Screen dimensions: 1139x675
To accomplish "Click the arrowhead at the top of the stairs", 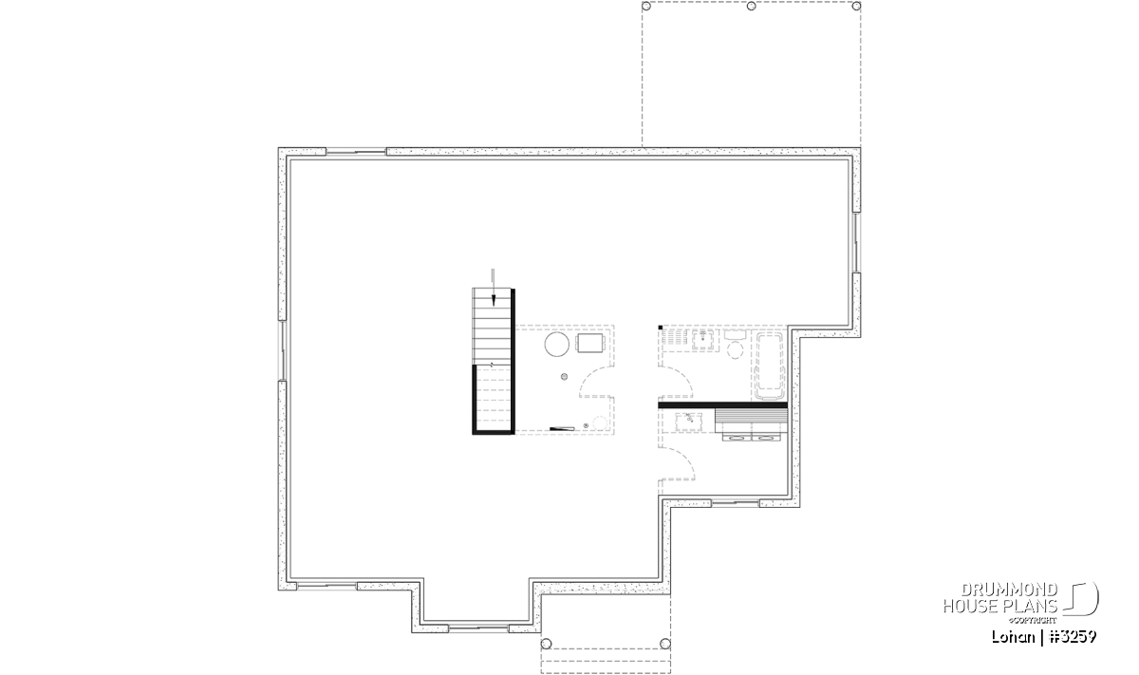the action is click(x=494, y=300).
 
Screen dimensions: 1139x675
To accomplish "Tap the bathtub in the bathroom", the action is click(x=769, y=366).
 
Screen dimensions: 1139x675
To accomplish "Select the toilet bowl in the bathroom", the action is click(x=735, y=349).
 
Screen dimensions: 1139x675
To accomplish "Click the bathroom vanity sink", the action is click(x=703, y=339).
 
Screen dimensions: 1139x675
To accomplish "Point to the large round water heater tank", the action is click(x=557, y=345).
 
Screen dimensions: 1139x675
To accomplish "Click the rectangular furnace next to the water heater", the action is click(x=589, y=343).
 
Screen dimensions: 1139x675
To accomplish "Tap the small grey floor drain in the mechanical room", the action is click(x=564, y=377).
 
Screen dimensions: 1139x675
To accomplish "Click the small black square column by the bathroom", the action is click(x=660, y=328).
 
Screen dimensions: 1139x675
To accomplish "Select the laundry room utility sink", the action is click(x=689, y=422).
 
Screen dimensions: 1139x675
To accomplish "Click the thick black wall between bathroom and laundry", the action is click(x=722, y=405).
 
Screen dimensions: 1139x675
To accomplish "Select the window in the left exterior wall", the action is click(x=283, y=350).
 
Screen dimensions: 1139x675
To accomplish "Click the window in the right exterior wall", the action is click(x=856, y=243).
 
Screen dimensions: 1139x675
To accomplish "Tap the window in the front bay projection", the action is click(x=478, y=628).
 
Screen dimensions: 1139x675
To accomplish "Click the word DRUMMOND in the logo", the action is click(x=1009, y=591).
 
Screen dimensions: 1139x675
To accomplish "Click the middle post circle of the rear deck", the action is click(x=751, y=6).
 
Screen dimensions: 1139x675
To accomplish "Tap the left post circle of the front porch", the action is click(x=546, y=644).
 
